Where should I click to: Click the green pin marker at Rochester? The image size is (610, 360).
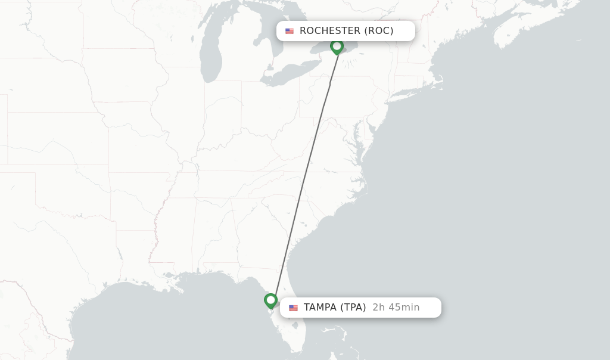(337, 46)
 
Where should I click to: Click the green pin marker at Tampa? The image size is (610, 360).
(271, 300)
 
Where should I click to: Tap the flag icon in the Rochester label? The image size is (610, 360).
(290, 31)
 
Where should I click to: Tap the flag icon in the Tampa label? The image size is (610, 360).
(293, 308)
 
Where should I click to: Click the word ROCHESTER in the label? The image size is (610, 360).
(330, 31)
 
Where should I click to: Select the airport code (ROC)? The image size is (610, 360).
(379, 31)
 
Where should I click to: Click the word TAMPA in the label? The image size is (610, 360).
(320, 308)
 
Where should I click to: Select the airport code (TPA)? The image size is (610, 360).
(353, 308)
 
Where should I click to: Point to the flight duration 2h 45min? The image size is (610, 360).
(396, 308)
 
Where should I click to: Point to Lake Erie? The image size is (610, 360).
(286, 75)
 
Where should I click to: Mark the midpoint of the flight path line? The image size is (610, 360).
(304, 173)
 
